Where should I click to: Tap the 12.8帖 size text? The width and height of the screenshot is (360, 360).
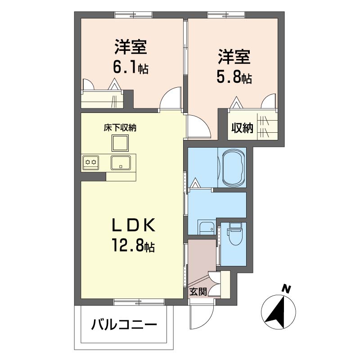click(x=133, y=246)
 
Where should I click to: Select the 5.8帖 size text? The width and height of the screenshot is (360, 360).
click(x=234, y=77)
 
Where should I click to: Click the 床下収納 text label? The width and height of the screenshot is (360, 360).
click(x=120, y=127)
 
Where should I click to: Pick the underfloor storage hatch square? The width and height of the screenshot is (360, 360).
click(x=120, y=143)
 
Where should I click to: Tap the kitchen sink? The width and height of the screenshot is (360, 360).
click(x=120, y=162)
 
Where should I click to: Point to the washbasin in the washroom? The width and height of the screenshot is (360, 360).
click(x=207, y=228)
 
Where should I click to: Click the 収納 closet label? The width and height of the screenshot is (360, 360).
click(x=242, y=128)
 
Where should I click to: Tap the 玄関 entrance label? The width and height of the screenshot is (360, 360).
click(x=198, y=291)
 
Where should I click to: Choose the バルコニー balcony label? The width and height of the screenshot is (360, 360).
click(x=125, y=324)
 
